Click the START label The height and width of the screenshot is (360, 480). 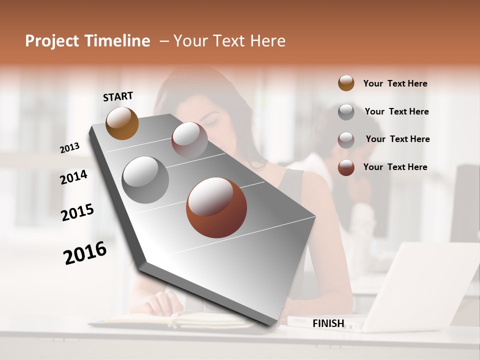coord(118,96)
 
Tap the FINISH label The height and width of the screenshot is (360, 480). coord(328,323)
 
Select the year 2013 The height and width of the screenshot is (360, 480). coord(70,147)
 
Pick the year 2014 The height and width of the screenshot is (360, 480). coord(73,177)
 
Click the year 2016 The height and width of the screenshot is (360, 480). coord(85,253)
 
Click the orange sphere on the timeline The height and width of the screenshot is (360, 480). coord(122,123)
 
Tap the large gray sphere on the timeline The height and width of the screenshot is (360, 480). coord(145,180)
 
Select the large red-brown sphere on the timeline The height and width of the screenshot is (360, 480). coord(216,207)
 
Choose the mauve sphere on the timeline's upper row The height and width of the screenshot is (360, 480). coord(189,140)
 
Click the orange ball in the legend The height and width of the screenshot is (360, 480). coord(346,83)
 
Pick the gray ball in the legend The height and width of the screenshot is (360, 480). coord(346,111)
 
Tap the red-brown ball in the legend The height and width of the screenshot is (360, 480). coord(346,167)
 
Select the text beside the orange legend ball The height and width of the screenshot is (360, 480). coord(395,83)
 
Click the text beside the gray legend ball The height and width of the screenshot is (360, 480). coord(396,111)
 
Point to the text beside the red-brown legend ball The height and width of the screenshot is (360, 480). coord(395,167)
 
